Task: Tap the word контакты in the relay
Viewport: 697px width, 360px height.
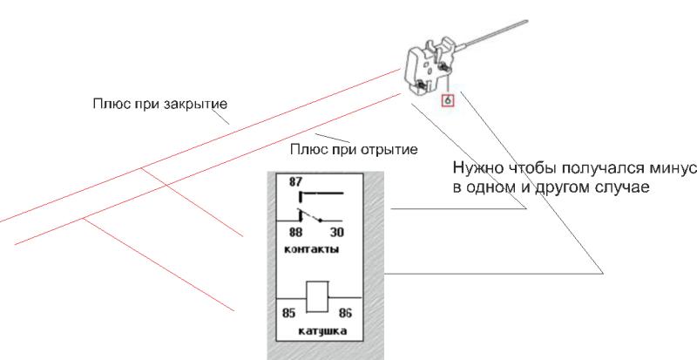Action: click(312, 249)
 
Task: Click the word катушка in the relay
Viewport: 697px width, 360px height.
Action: click(318, 333)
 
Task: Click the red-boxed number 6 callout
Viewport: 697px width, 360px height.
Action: click(448, 100)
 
